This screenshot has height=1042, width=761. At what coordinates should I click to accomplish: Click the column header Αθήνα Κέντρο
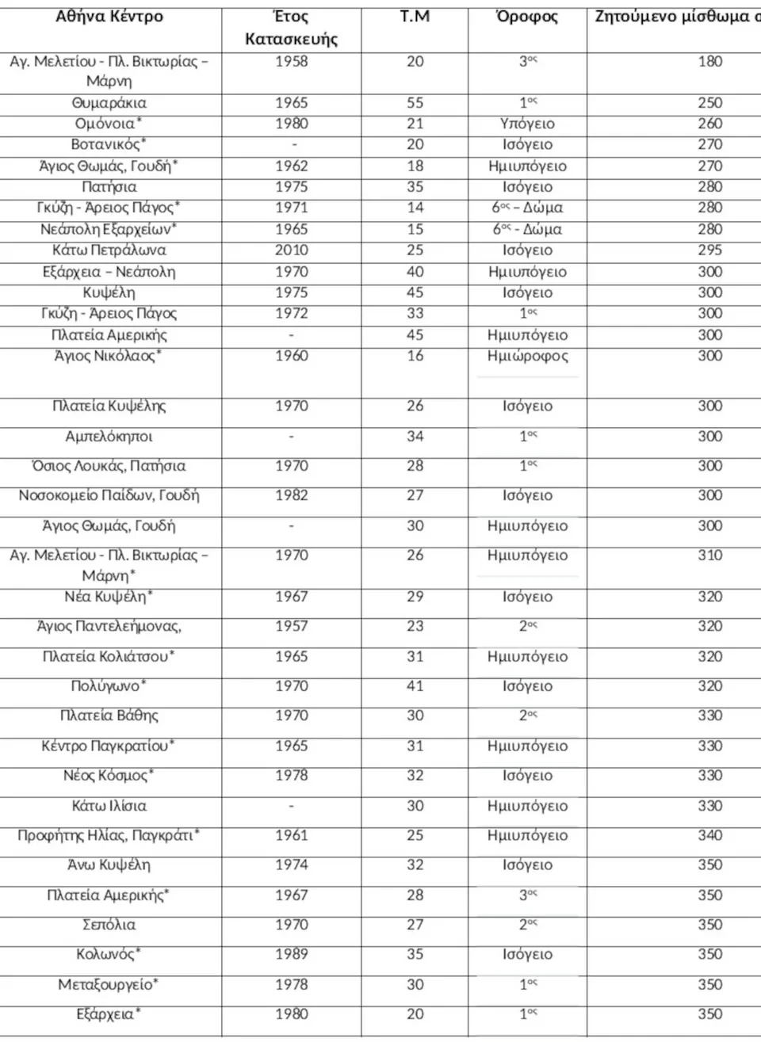pos(109,17)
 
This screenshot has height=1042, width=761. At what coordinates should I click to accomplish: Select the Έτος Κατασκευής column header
pos(291,28)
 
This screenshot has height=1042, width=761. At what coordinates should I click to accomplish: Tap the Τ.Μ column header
pos(415,17)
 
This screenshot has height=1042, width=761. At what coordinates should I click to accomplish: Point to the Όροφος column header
pos(527,17)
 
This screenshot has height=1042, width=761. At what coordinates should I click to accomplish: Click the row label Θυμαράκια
pos(109,103)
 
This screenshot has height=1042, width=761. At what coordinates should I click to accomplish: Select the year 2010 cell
pos(291,250)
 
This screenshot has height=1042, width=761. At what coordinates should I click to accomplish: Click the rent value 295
pos(709,250)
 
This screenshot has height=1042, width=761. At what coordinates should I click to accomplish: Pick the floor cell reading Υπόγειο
pos(527,124)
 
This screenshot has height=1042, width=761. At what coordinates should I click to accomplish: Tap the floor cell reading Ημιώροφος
pos(527,356)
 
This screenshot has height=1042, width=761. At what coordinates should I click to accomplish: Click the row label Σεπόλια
pos(109,925)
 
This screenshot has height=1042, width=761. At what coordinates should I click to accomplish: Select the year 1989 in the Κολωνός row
pos(291,954)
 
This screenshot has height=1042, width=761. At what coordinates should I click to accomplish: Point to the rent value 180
pos(709,62)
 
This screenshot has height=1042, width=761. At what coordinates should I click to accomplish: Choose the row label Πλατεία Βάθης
pos(109,716)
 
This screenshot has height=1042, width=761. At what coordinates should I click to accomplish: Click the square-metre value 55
pos(415,103)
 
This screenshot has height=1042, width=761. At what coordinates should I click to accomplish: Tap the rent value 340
pos(709,835)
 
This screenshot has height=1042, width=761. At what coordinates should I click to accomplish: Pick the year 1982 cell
pos(291,495)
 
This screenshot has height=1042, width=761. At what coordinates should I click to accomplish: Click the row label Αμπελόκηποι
pos(109,437)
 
